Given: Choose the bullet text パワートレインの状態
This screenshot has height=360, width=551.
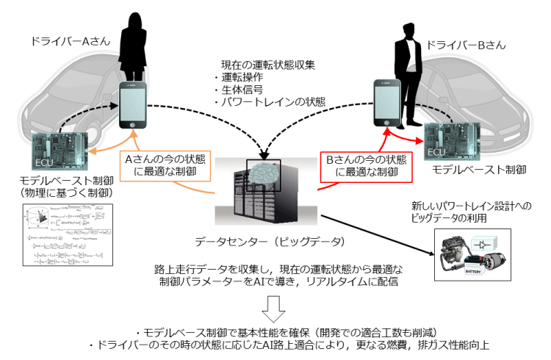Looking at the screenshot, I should pyautogui.click(x=264, y=102).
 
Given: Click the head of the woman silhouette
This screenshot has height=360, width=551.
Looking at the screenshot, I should pyautogui.click(x=135, y=24).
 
